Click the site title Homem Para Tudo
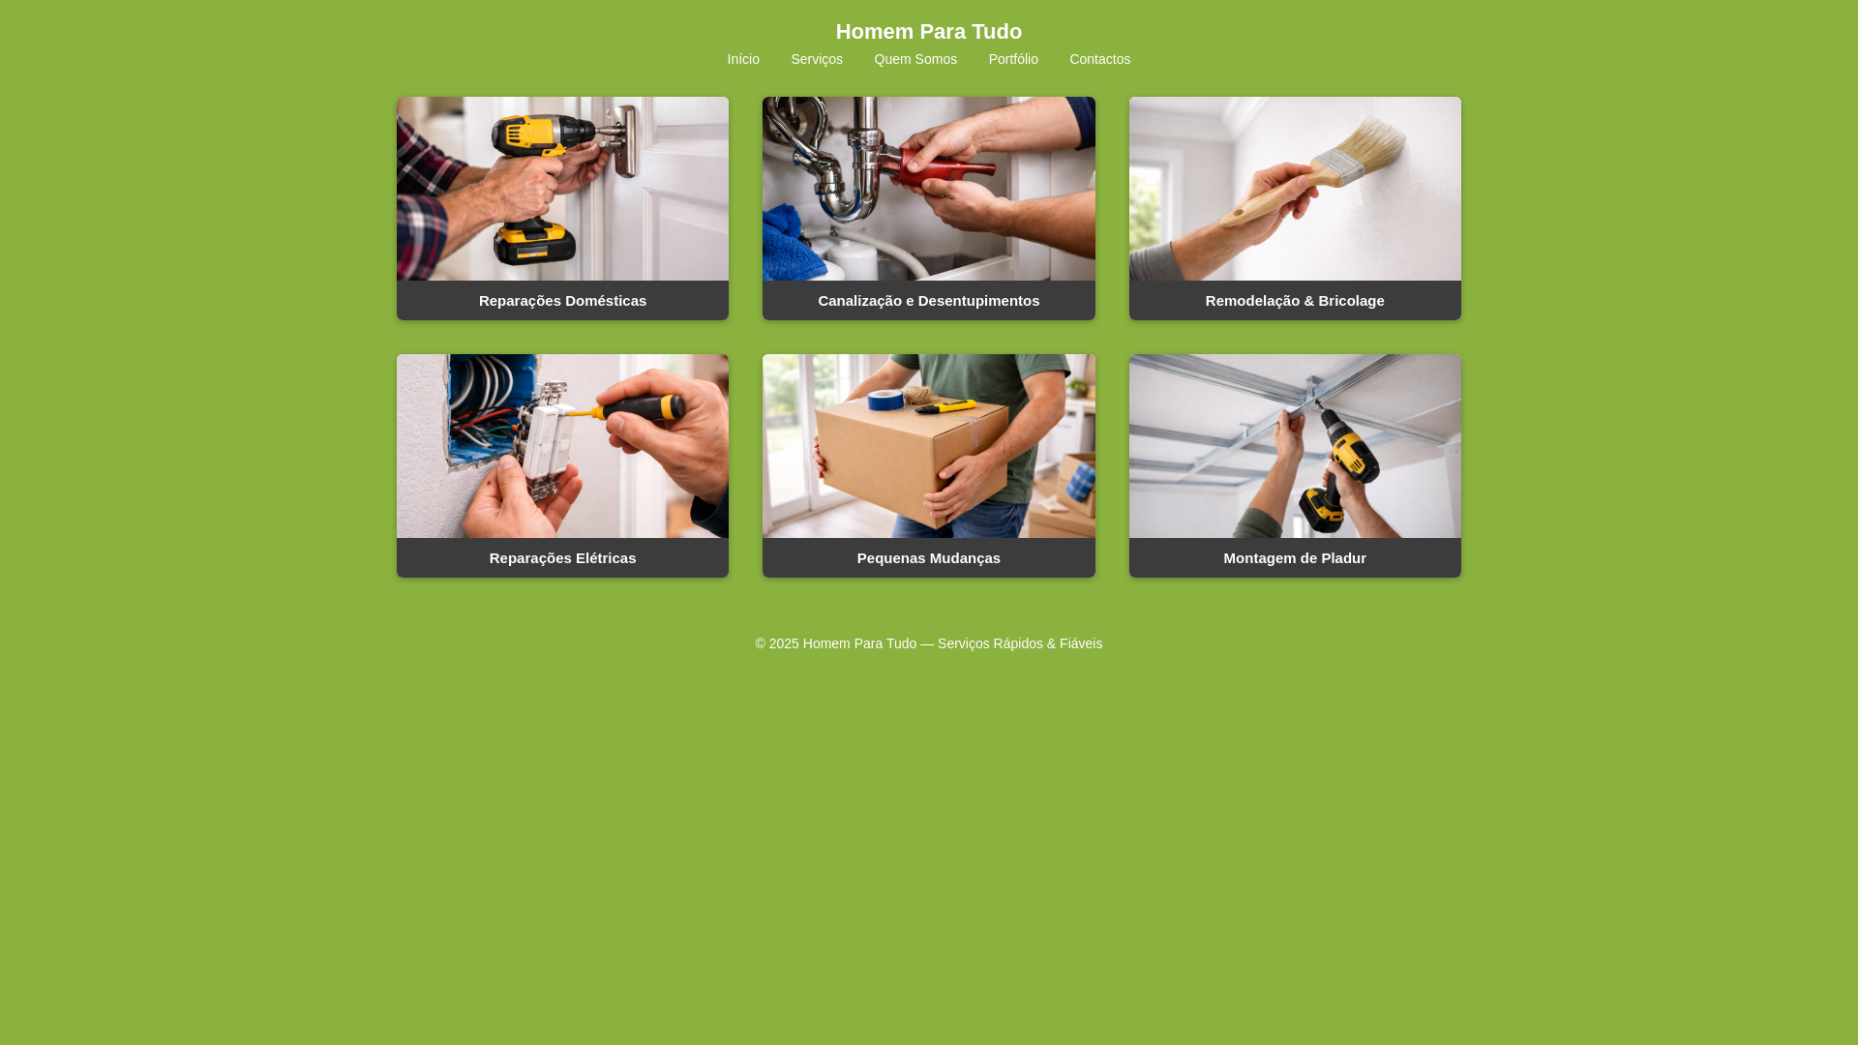tap(928, 32)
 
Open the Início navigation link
tap(743, 59)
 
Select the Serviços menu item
tap(817, 59)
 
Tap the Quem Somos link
tap(915, 59)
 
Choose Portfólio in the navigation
tap(1013, 59)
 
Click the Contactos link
tap(1099, 59)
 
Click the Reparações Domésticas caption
tap(562, 301)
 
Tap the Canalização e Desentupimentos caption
tap(928, 301)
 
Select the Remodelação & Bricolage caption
tap(1294, 301)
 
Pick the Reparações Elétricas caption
tap(562, 558)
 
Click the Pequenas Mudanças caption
tap(928, 558)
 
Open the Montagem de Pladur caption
tap(1294, 558)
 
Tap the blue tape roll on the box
tap(884, 399)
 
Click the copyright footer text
tap(928, 643)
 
